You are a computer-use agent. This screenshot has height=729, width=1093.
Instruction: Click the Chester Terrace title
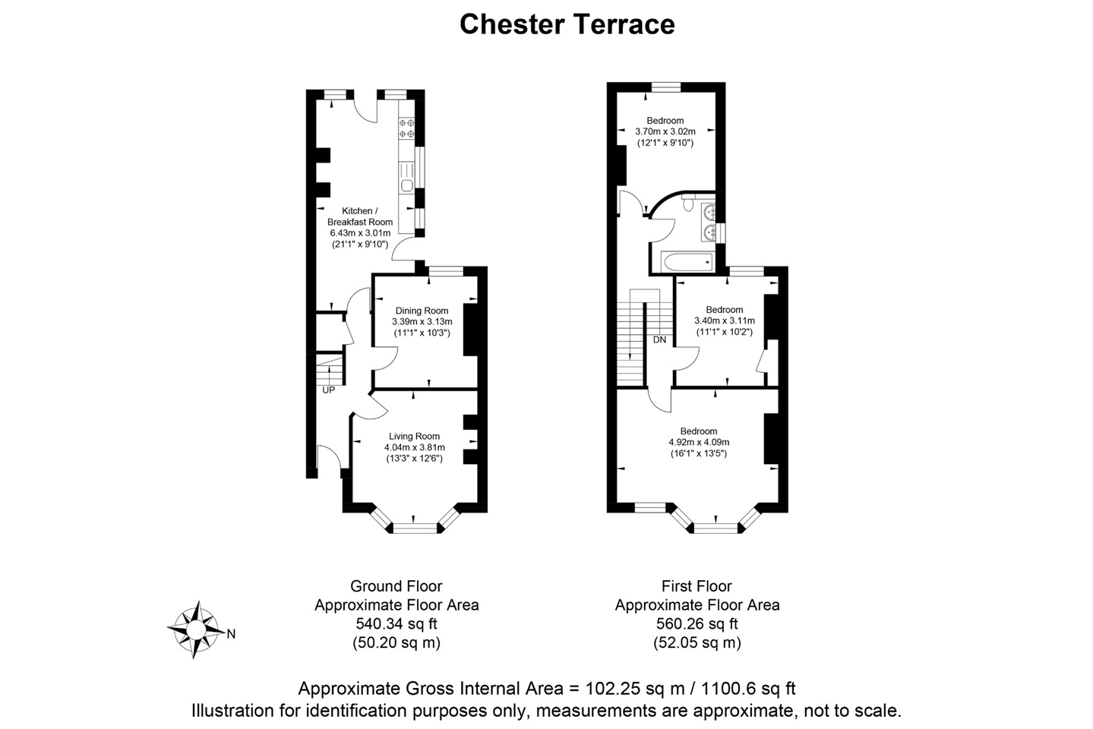567,24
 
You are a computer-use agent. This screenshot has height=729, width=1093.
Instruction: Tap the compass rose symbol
196,630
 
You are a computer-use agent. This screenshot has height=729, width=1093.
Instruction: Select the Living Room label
414,436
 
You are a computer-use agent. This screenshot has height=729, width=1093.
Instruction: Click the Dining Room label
422,311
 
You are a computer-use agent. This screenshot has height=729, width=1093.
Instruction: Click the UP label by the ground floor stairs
328,390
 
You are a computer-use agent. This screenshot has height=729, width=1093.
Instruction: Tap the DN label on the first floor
659,339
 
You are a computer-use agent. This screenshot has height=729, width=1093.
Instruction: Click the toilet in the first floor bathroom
689,202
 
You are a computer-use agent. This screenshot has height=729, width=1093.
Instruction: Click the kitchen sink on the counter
406,185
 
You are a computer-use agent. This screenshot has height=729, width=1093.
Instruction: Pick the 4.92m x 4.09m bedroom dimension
698,442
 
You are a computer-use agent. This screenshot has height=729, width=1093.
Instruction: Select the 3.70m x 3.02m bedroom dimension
665,131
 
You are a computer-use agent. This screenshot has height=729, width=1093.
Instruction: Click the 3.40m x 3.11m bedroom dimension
724,320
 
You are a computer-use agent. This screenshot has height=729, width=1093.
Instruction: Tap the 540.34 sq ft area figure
396,624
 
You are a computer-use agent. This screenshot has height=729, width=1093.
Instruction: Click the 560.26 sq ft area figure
697,624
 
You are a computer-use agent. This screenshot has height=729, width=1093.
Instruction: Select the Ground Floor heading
396,586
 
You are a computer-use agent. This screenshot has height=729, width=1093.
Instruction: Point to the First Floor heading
697,586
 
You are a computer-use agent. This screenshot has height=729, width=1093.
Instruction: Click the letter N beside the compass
231,634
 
